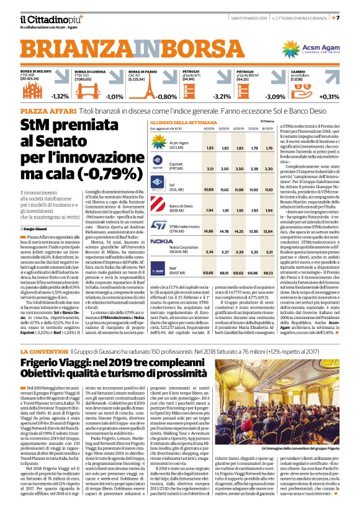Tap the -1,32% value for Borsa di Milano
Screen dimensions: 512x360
point(60,96)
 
